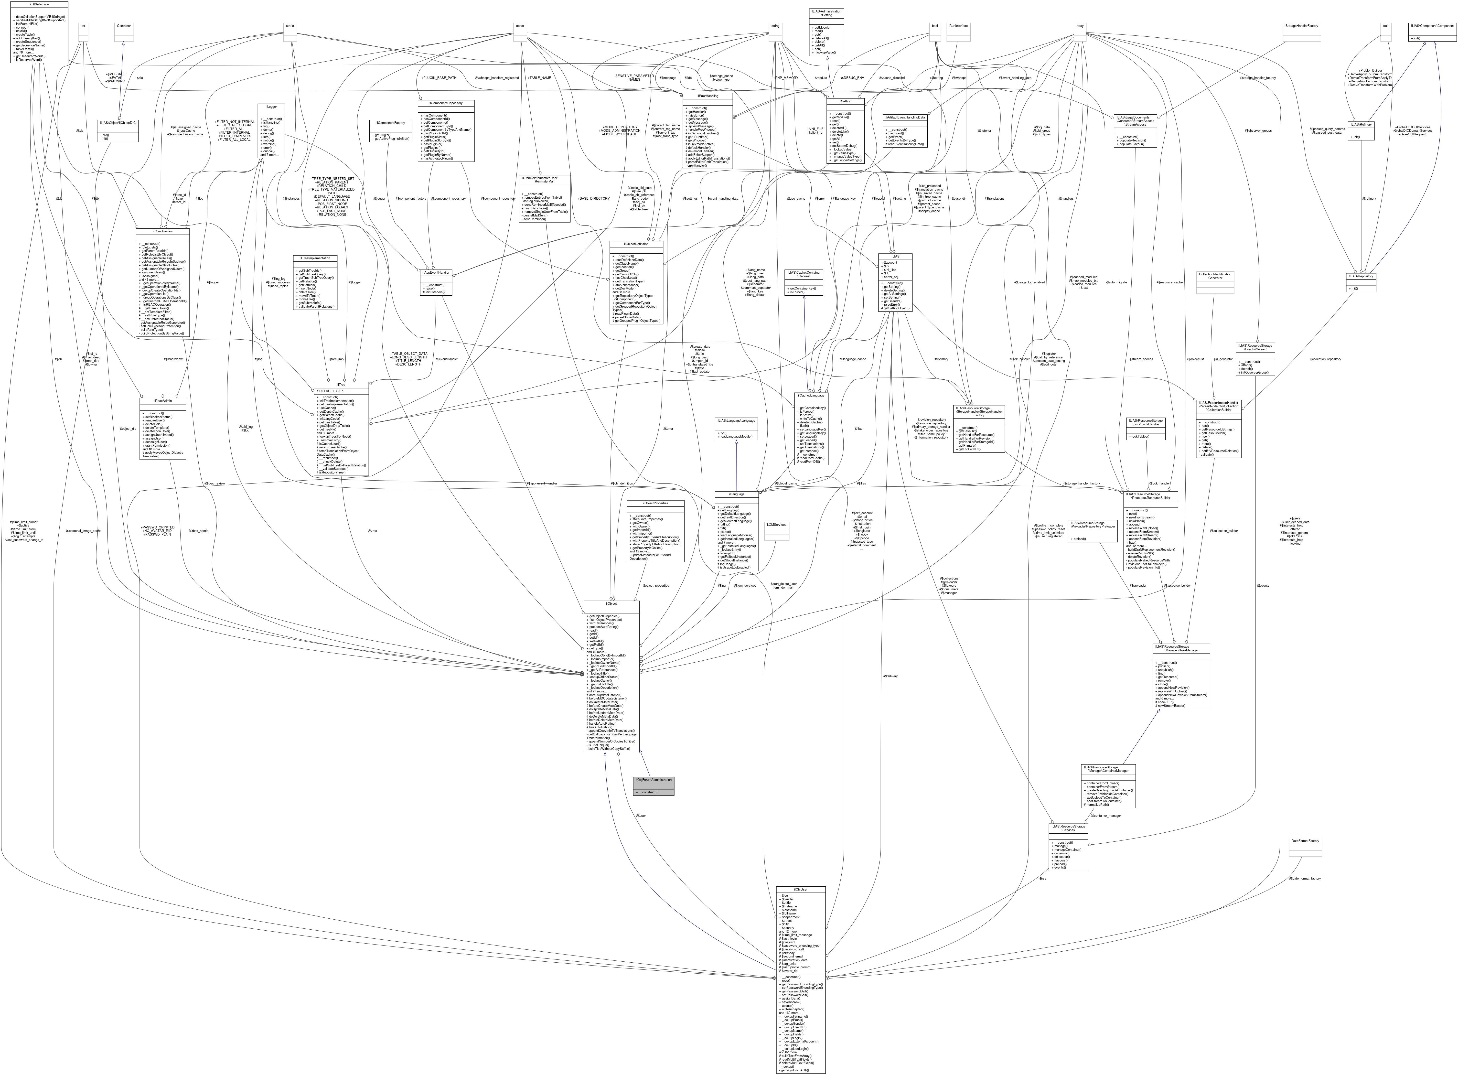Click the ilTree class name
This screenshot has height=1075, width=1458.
coord(341,385)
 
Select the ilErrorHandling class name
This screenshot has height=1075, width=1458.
coord(707,96)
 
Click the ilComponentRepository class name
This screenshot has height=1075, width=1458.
coord(446,103)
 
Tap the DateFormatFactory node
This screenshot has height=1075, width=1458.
coord(1305,841)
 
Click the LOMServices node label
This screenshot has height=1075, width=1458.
coord(776,525)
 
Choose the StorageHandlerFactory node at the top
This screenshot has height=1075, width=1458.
coord(1301,26)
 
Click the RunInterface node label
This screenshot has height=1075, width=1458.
coord(958,26)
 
